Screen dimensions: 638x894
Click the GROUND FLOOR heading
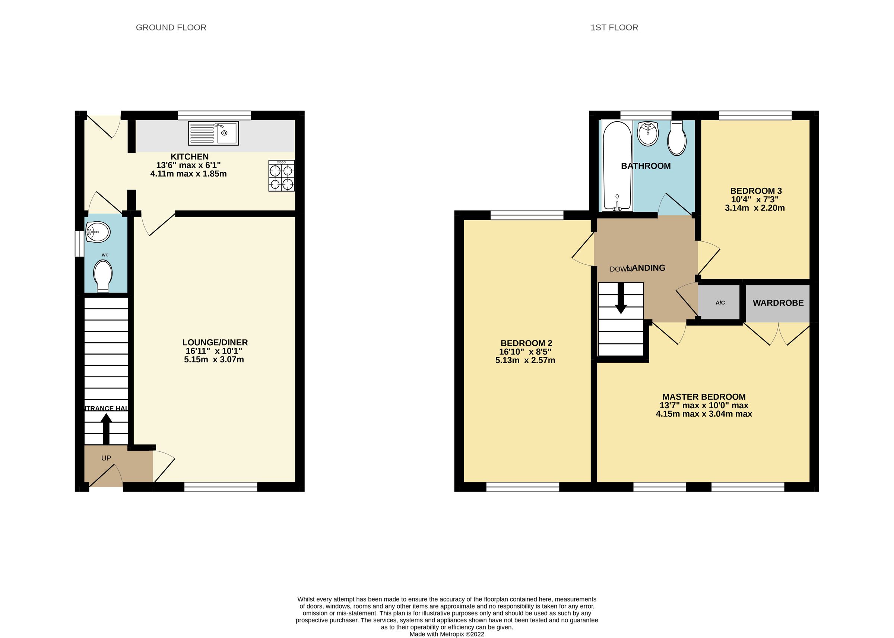tap(171, 28)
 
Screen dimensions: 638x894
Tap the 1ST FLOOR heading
tap(614, 28)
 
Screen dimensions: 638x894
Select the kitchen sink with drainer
tap(213, 133)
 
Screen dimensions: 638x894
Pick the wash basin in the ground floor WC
tap(98, 232)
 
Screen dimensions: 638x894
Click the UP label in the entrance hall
tap(106, 458)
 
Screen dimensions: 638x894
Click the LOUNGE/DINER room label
tap(215, 342)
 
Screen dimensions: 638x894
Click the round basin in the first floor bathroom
tap(648, 134)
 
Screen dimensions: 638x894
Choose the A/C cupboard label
tap(720, 302)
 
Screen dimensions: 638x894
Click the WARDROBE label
tap(778, 303)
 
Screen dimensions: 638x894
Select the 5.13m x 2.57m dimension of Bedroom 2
tap(525, 360)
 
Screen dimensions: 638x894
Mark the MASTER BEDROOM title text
tap(704, 397)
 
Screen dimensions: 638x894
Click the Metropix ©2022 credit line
tap(447, 634)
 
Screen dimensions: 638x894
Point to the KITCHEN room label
tap(189, 156)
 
